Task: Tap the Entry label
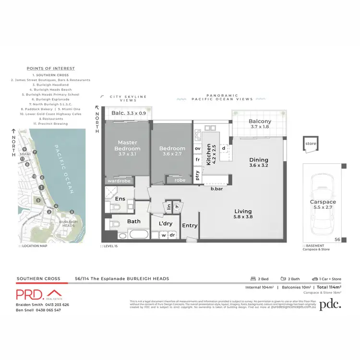[190, 226]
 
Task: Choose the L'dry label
[165, 224]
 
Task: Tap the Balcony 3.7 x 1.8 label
[260, 124]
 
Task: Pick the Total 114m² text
[328, 287]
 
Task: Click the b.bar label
[216, 189]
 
